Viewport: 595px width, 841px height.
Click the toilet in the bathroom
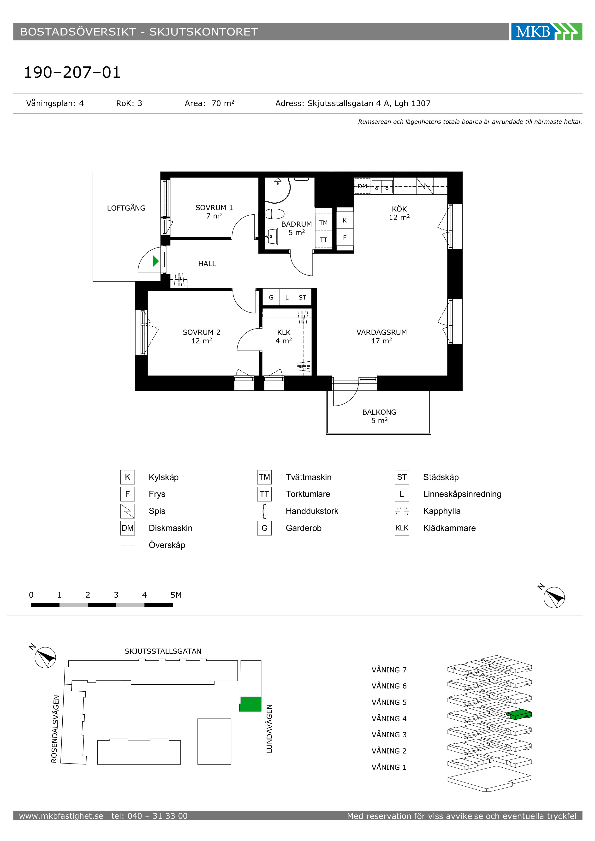[x=275, y=213]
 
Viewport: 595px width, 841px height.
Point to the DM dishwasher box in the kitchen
[x=362, y=186]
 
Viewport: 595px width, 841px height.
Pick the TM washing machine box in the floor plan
[x=323, y=222]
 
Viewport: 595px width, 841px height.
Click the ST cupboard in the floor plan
[x=302, y=297]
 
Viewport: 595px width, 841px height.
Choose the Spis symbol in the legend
[x=127, y=511]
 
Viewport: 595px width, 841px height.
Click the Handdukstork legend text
[x=312, y=511]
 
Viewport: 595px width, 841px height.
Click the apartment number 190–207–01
[x=72, y=72]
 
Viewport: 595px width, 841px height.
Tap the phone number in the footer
[x=149, y=816]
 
